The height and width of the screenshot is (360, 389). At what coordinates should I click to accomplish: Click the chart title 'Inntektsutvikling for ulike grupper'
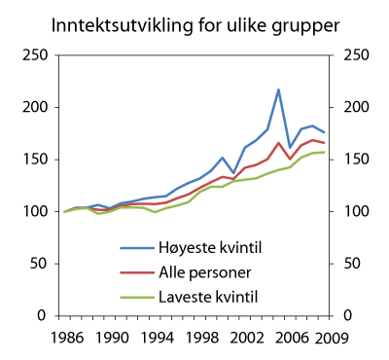tap(194, 21)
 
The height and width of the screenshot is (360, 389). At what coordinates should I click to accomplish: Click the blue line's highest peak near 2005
tap(278, 90)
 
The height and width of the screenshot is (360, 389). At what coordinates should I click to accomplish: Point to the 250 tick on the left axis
tap(37, 54)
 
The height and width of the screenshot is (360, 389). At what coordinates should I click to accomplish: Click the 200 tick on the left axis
tap(37, 107)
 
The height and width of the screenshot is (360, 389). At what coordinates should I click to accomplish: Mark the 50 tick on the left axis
tap(41, 264)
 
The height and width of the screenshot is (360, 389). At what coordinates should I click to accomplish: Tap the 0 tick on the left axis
tap(45, 316)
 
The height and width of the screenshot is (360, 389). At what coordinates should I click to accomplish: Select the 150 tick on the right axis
tap(346, 160)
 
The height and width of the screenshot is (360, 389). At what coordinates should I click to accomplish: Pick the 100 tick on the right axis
tap(346, 211)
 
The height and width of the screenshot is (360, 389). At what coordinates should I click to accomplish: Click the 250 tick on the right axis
tap(346, 54)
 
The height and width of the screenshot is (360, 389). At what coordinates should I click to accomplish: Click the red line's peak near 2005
tap(278, 143)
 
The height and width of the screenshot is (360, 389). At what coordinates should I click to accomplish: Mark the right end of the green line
tap(324, 152)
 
